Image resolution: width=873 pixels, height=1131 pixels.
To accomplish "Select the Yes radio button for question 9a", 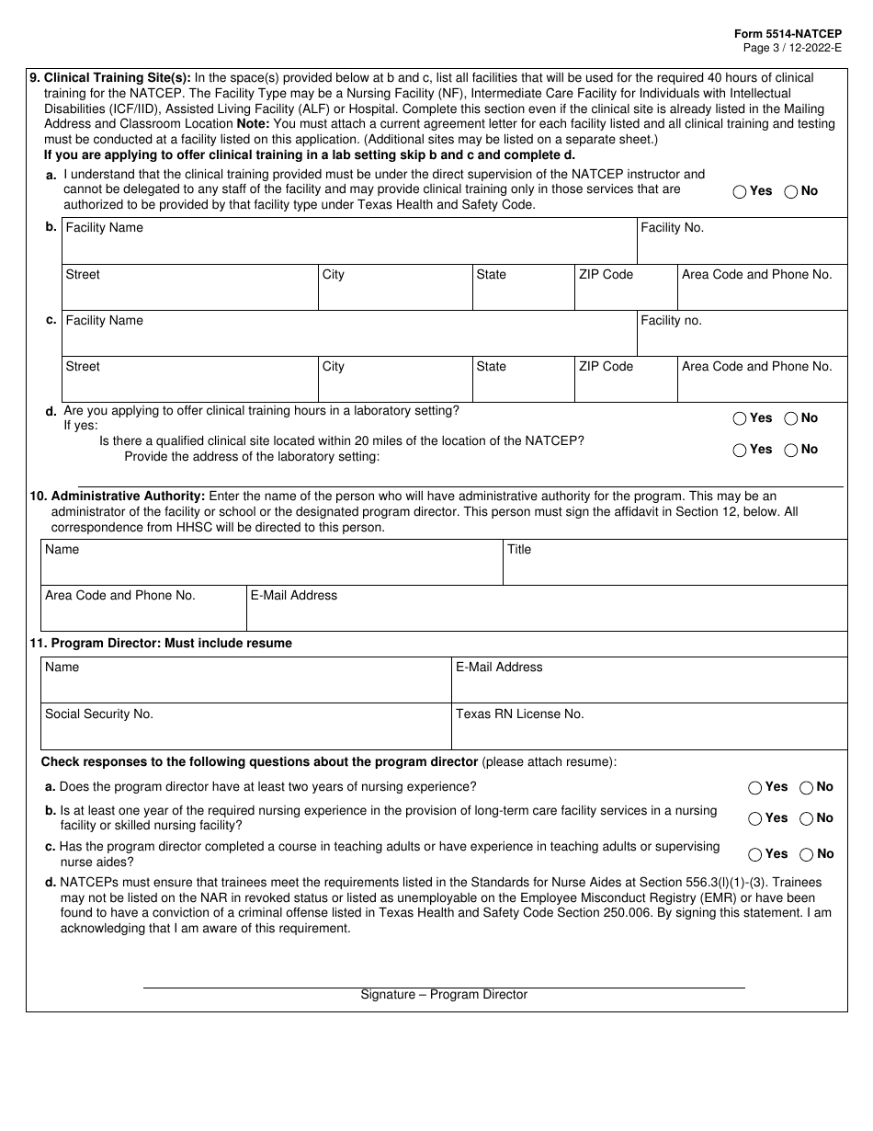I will (x=740, y=191).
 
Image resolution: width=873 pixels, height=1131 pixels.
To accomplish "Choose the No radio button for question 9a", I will (x=791, y=191).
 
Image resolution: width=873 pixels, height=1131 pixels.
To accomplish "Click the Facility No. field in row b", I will (x=742, y=242).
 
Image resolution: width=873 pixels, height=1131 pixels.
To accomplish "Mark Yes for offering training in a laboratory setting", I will (x=740, y=418).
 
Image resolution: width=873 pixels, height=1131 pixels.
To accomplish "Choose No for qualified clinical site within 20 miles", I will (x=791, y=450).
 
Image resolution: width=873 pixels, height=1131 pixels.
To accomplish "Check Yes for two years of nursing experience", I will (x=755, y=787).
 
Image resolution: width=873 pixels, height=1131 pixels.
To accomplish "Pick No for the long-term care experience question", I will (x=807, y=818).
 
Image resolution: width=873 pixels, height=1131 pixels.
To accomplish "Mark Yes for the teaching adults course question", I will (x=755, y=854).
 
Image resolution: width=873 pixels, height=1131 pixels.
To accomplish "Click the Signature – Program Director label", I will (x=444, y=995).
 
